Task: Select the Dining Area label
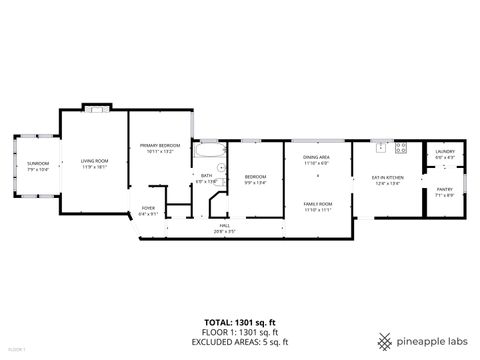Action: click(x=317, y=160)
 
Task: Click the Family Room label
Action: click(x=317, y=207)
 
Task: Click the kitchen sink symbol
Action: click(x=381, y=147)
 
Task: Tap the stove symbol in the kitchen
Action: click(x=401, y=147)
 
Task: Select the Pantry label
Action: click(x=445, y=192)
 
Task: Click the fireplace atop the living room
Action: click(x=94, y=106)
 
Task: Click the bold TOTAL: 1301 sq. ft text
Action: click(x=239, y=322)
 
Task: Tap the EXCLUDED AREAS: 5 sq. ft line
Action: click(x=239, y=341)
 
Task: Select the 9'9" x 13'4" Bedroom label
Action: click(x=256, y=181)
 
